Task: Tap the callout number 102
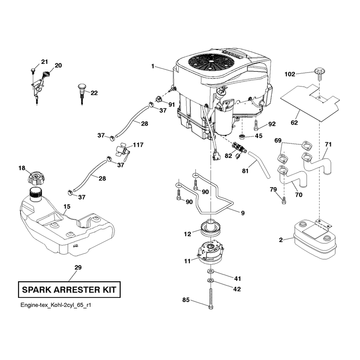pyautogui.click(x=290, y=74)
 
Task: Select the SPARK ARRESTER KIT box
pyautogui.click(x=69, y=289)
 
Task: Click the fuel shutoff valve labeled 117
pyautogui.click(x=122, y=152)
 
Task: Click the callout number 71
pyautogui.click(x=328, y=144)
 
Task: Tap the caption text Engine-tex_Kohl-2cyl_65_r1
pyautogui.click(x=56, y=305)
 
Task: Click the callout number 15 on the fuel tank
pyautogui.click(x=67, y=207)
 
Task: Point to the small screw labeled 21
pyautogui.click(x=32, y=70)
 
